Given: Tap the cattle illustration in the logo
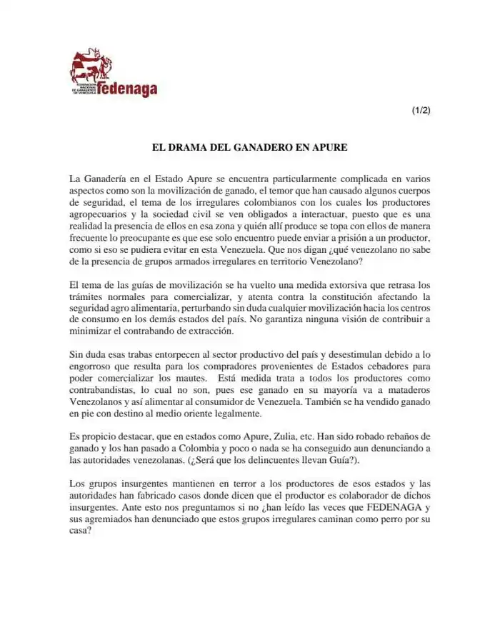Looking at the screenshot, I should coord(90,65).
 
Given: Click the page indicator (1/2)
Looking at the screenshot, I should coord(421,110).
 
